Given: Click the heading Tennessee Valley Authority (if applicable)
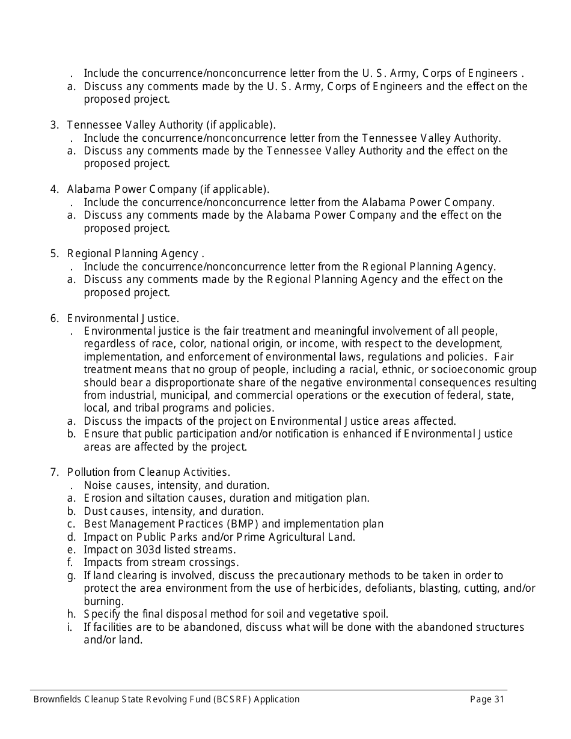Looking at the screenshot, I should (x=171, y=125).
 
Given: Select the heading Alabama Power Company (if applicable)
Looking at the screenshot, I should (x=168, y=189).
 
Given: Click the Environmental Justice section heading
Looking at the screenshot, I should (x=123, y=318).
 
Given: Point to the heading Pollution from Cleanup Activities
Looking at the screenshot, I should (x=148, y=472).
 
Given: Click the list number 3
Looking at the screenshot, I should (x=54, y=125).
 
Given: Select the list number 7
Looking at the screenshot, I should (x=54, y=472).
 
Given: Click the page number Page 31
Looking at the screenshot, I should (x=487, y=699).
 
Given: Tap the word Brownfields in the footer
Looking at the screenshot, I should (x=58, y=699).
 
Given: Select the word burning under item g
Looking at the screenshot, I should (x=103, y=601).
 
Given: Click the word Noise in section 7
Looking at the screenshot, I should (x=97, y=485).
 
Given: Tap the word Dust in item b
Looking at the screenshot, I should (x=96, y=511).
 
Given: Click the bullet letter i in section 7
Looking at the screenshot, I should (x=70, y=627).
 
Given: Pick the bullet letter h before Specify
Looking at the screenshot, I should (x=71, y=614).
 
